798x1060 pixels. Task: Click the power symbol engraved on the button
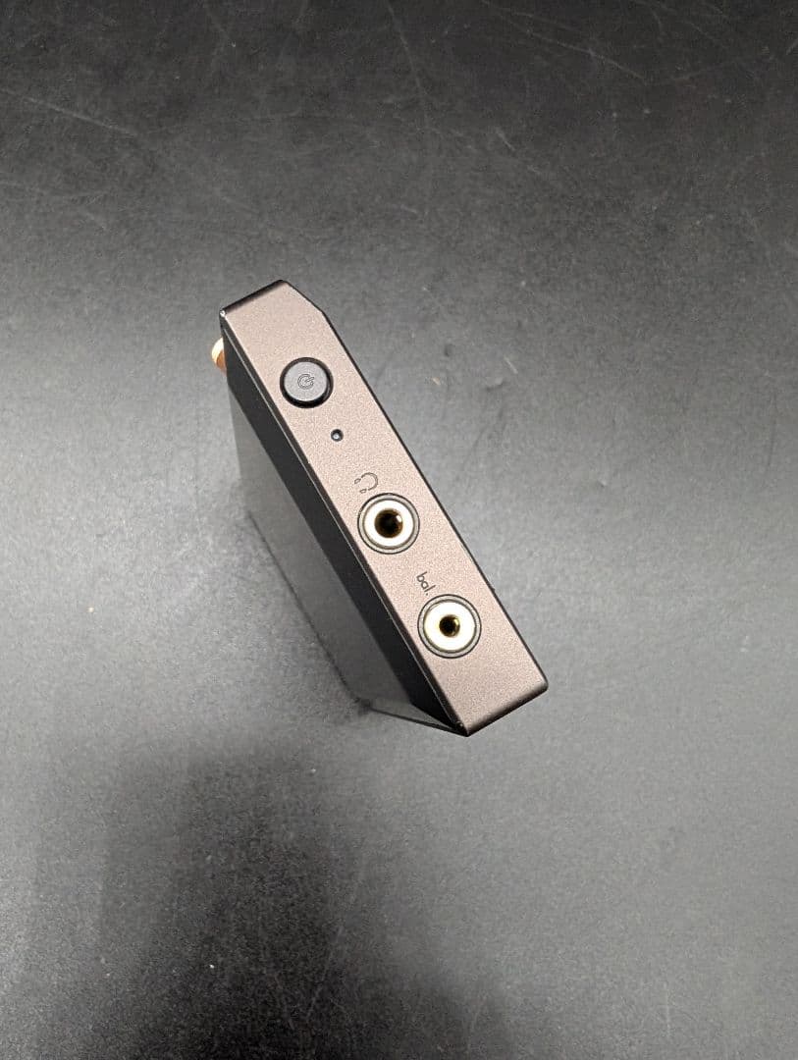tap(306, 382)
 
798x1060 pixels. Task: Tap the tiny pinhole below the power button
tap(337, 434)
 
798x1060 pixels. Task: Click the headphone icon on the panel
tap(366, 481)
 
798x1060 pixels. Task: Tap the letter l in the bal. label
tap(433, 586)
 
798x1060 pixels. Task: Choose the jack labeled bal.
tap(449, 625)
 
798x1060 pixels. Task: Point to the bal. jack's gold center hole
tap(449, 625)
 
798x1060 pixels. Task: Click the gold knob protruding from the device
tap(218, 352)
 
